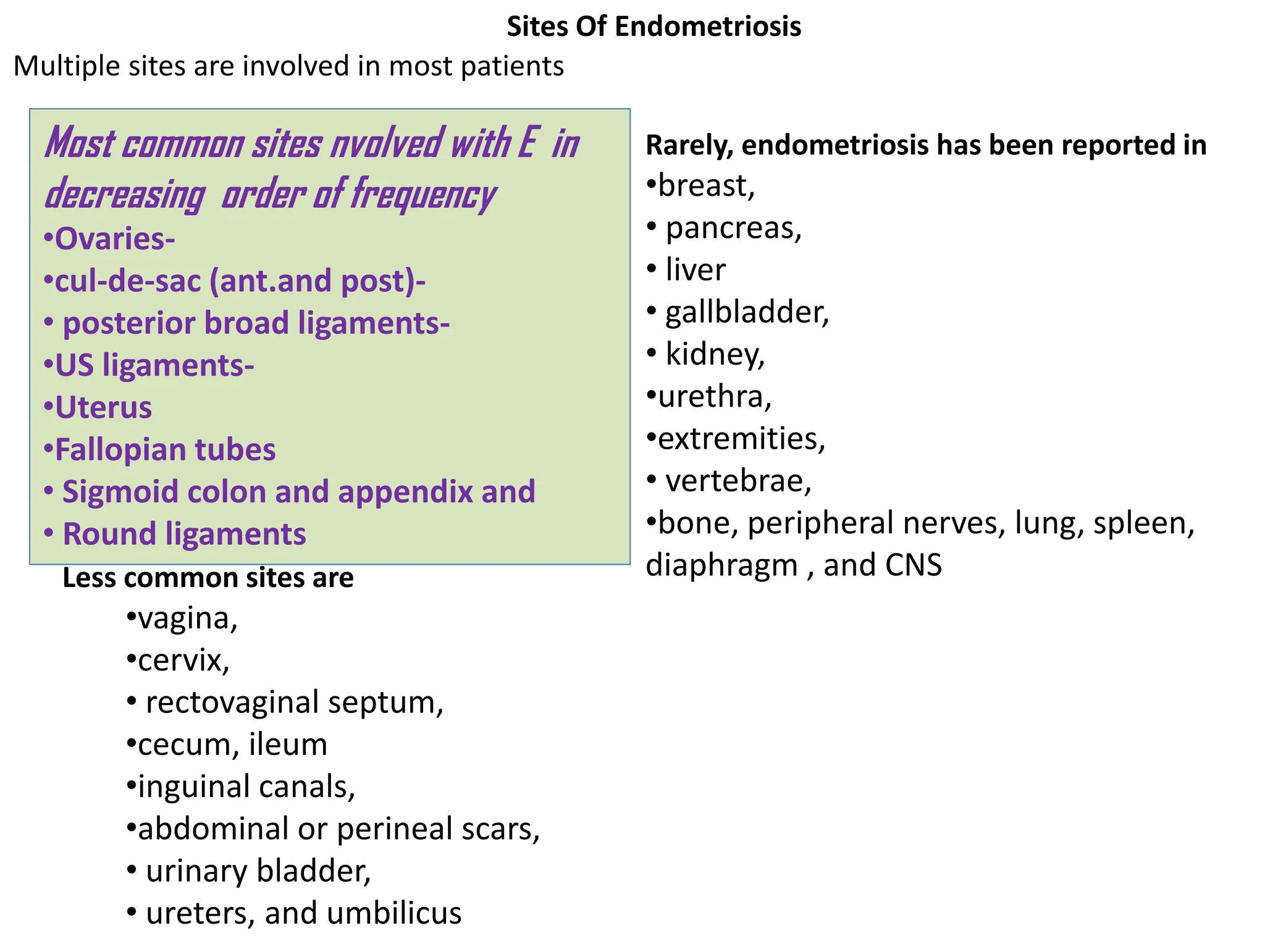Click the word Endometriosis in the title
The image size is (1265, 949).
click(x=708, y=27)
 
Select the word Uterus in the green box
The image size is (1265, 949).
click(x=103, y=408)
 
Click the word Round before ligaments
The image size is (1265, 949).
click(x=109, y=534)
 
